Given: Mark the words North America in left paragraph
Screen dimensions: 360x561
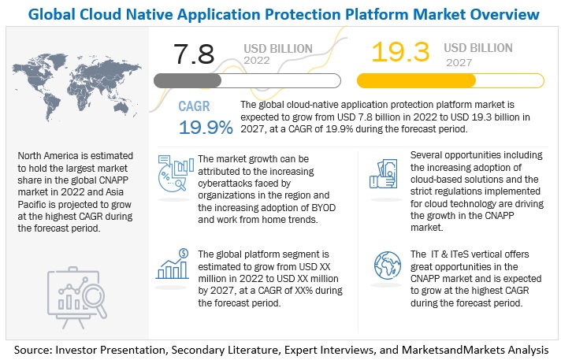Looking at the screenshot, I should [48, 156].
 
